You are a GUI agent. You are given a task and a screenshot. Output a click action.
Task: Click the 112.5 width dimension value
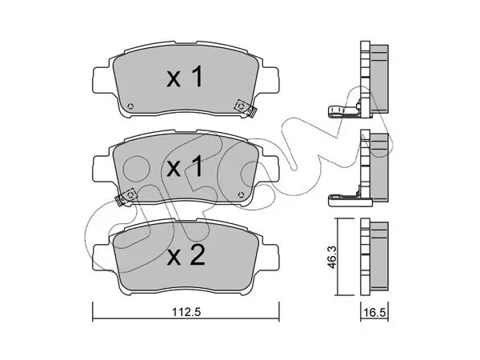tap(186, 312)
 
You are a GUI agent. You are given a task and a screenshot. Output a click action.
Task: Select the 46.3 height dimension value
tap(333, 257)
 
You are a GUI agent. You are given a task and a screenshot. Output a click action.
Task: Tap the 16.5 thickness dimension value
tap(374, 313)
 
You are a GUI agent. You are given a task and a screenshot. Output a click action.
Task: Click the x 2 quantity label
tap(186, 257)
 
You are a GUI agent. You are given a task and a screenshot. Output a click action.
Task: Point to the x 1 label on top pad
tap(185, 77)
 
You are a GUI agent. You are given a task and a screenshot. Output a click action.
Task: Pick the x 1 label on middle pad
tap(185, 166)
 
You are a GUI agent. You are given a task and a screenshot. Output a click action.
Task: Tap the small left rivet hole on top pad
tap(130, 106)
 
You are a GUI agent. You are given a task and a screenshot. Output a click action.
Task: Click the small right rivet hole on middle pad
tap(241, 195)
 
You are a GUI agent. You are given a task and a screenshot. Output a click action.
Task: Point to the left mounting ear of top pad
tap(102, 79)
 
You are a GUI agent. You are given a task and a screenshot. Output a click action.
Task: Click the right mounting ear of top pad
tap(270, 79)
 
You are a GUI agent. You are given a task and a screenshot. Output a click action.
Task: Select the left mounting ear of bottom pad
tap(102, 257)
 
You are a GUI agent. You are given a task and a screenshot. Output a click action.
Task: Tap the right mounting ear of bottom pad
tap(270, 257)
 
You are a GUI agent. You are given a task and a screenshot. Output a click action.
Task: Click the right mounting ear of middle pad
tap(270, 169)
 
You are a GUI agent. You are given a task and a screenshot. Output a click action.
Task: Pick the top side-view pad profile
tap(374, 79)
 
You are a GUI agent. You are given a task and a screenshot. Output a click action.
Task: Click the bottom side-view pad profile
tap(374, 257)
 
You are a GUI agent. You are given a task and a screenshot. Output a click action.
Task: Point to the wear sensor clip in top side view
tap(344, 111)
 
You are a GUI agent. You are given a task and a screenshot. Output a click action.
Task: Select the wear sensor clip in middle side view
tap(344, 199)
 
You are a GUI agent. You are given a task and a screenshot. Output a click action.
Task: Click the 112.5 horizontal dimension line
tap(186, 319)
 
